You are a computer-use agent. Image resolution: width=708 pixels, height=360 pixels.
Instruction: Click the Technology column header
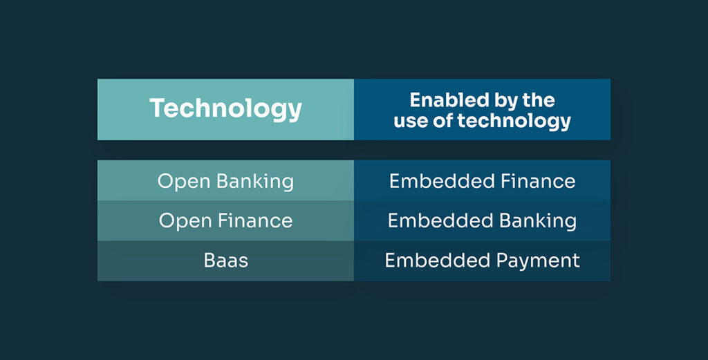225,109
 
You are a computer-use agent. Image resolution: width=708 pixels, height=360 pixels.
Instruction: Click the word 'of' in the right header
447,122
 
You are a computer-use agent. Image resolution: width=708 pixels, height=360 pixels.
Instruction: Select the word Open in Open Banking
184,181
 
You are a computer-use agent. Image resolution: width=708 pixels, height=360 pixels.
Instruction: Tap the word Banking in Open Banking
255,182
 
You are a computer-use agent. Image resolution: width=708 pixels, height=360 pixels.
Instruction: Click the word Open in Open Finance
185,221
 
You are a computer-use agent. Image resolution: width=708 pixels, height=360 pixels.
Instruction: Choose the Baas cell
225,260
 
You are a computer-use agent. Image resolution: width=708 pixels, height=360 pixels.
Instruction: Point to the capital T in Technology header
158,108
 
